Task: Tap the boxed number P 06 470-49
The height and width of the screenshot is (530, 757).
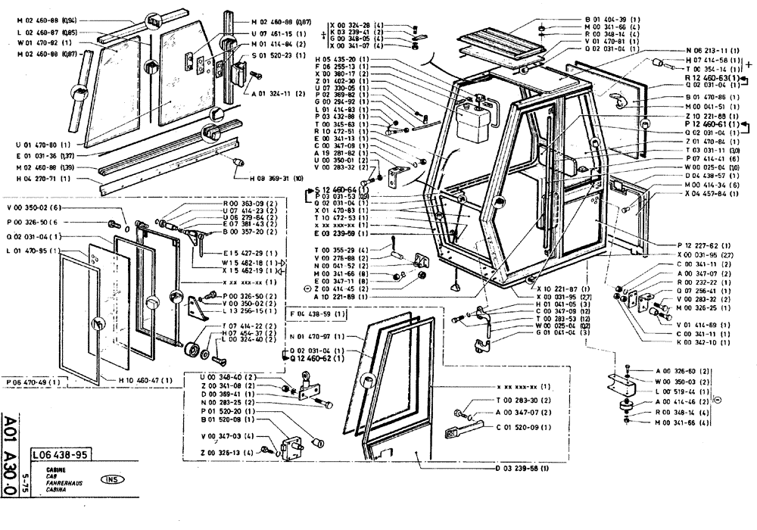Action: coord(32,382)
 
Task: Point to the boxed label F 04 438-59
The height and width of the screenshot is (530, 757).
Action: coord(318,313)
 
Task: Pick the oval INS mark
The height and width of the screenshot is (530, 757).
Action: coord(112,479)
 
